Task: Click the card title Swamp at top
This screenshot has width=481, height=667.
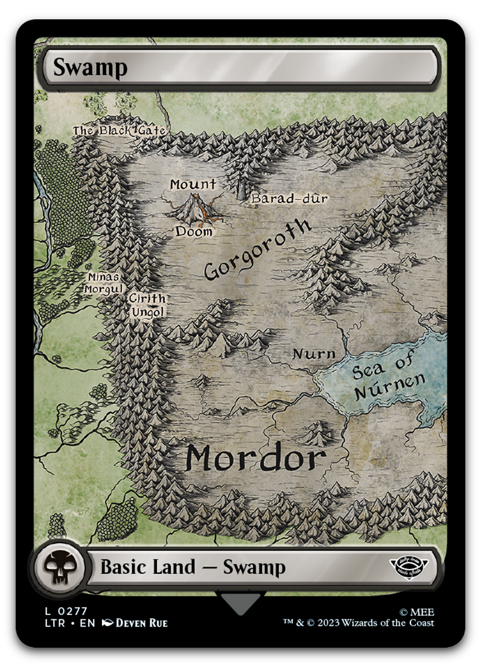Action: coord(90,67)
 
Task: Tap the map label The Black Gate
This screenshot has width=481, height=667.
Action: coord(119,130)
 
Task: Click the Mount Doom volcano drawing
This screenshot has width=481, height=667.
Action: coord(195,208)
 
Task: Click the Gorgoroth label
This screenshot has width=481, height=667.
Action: coord(258,250)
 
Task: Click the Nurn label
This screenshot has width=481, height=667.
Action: coord(313,353)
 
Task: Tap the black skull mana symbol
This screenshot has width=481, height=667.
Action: coord(58,567)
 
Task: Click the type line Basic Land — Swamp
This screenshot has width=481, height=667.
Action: coord(193,567)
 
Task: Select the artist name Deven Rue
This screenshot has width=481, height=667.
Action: coord(141,623)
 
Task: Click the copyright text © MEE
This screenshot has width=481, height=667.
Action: coord(417,611)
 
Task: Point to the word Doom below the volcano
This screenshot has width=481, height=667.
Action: coord(194,231)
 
